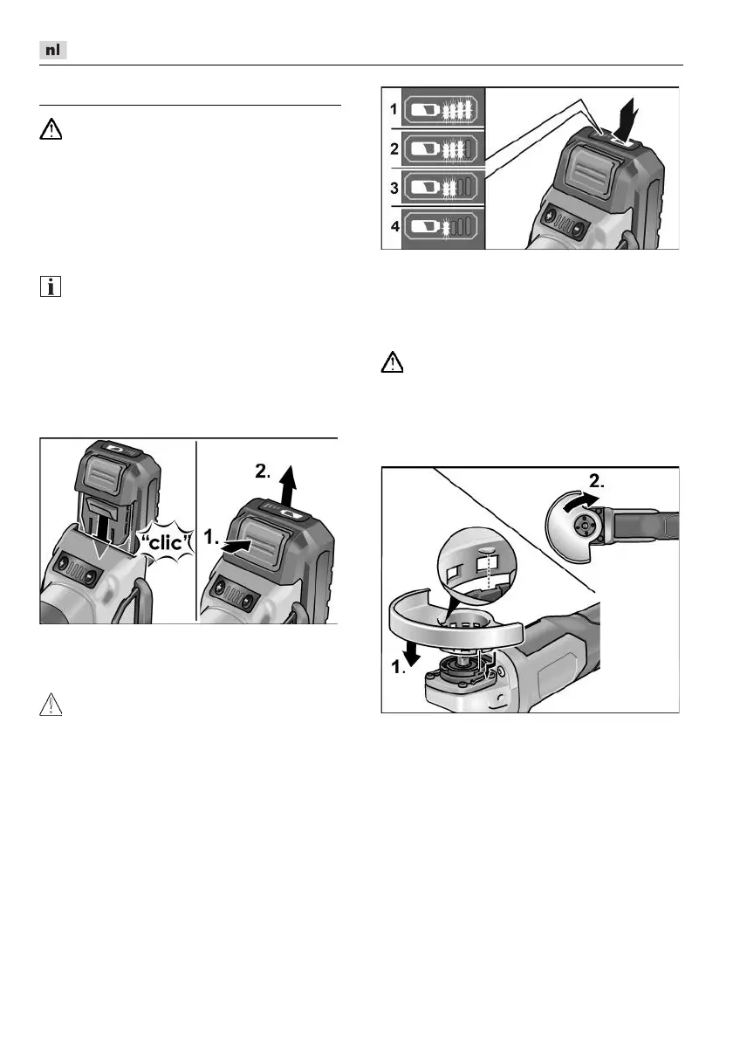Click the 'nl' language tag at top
pos(53,51)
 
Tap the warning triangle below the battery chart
pos(393,363)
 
